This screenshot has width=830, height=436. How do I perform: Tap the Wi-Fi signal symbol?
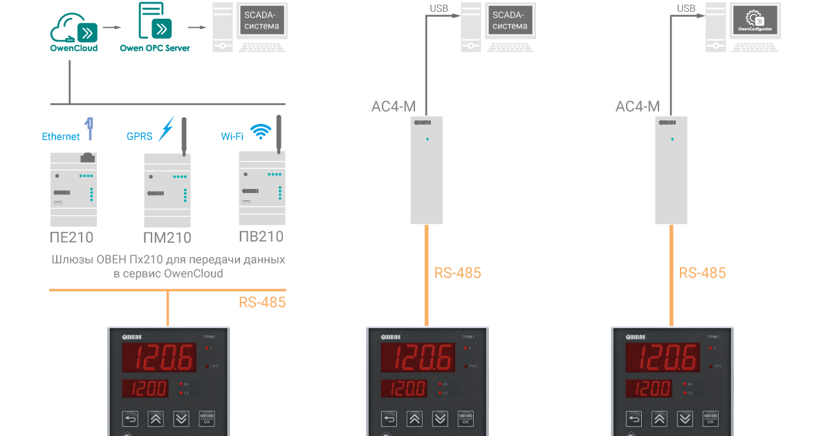[x=261, y=131]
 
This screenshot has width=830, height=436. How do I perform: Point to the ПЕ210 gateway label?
[x=72, y=238]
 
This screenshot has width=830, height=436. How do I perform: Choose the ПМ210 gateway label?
[x=167, y=238]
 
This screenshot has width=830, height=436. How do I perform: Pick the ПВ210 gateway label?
[x=261, y=237]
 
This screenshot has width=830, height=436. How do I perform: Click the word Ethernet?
[x=61, y=137]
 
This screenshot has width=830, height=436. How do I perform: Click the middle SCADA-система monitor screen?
[x=510, y=21]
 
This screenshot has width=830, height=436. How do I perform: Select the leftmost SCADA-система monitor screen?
[x=261, y=21]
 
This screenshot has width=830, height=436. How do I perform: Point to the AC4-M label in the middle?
[x=394, y=107]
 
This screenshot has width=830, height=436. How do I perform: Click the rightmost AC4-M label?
[x=638, y=107]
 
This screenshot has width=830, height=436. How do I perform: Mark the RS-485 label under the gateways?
[x=262, y=302]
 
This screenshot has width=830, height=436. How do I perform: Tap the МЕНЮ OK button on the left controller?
[x=207, y=418]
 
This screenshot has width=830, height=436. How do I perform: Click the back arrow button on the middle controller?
[x=389, y=419]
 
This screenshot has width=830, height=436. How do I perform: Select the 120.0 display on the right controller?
[x=648, y=388]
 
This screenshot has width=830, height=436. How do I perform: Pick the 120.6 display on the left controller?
[x=158, y=358]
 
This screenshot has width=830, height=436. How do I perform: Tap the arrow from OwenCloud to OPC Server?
[x=111, y=29]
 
